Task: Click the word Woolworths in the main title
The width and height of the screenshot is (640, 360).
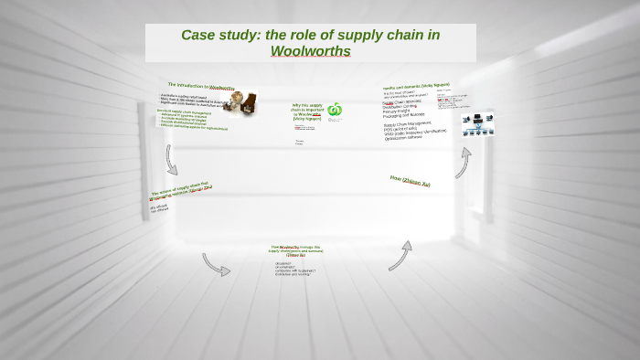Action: (310, 51)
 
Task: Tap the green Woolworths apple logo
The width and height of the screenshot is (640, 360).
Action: (335, 110)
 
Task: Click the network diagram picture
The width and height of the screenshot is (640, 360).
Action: (477, 124)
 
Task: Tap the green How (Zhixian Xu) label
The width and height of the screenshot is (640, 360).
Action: (410, 181)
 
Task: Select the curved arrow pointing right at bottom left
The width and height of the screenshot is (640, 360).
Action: (217, 265)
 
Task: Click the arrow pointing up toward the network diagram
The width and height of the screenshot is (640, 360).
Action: (464, 163)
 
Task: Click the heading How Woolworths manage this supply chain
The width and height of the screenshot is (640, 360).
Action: (296, 249)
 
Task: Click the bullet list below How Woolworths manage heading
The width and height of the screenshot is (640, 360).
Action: (294, 269)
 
